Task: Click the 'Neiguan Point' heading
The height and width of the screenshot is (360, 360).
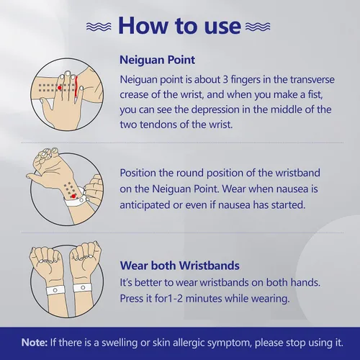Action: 157,60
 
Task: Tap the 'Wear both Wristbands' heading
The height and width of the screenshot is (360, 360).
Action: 179,266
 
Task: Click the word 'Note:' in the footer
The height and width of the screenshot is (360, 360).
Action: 35,343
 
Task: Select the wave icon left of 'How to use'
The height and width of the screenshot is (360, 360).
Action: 99,27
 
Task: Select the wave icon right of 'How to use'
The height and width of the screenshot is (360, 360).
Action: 258,27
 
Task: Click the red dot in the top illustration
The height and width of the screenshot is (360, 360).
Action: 60,88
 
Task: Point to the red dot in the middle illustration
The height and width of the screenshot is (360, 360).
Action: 73,197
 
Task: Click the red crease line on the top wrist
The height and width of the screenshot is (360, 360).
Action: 76,86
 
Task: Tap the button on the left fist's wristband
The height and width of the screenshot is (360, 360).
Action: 55,290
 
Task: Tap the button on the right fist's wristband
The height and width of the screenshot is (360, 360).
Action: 83,287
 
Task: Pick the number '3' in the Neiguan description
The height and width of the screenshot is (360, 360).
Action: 225,79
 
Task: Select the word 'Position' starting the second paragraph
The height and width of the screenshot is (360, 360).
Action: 138,173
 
